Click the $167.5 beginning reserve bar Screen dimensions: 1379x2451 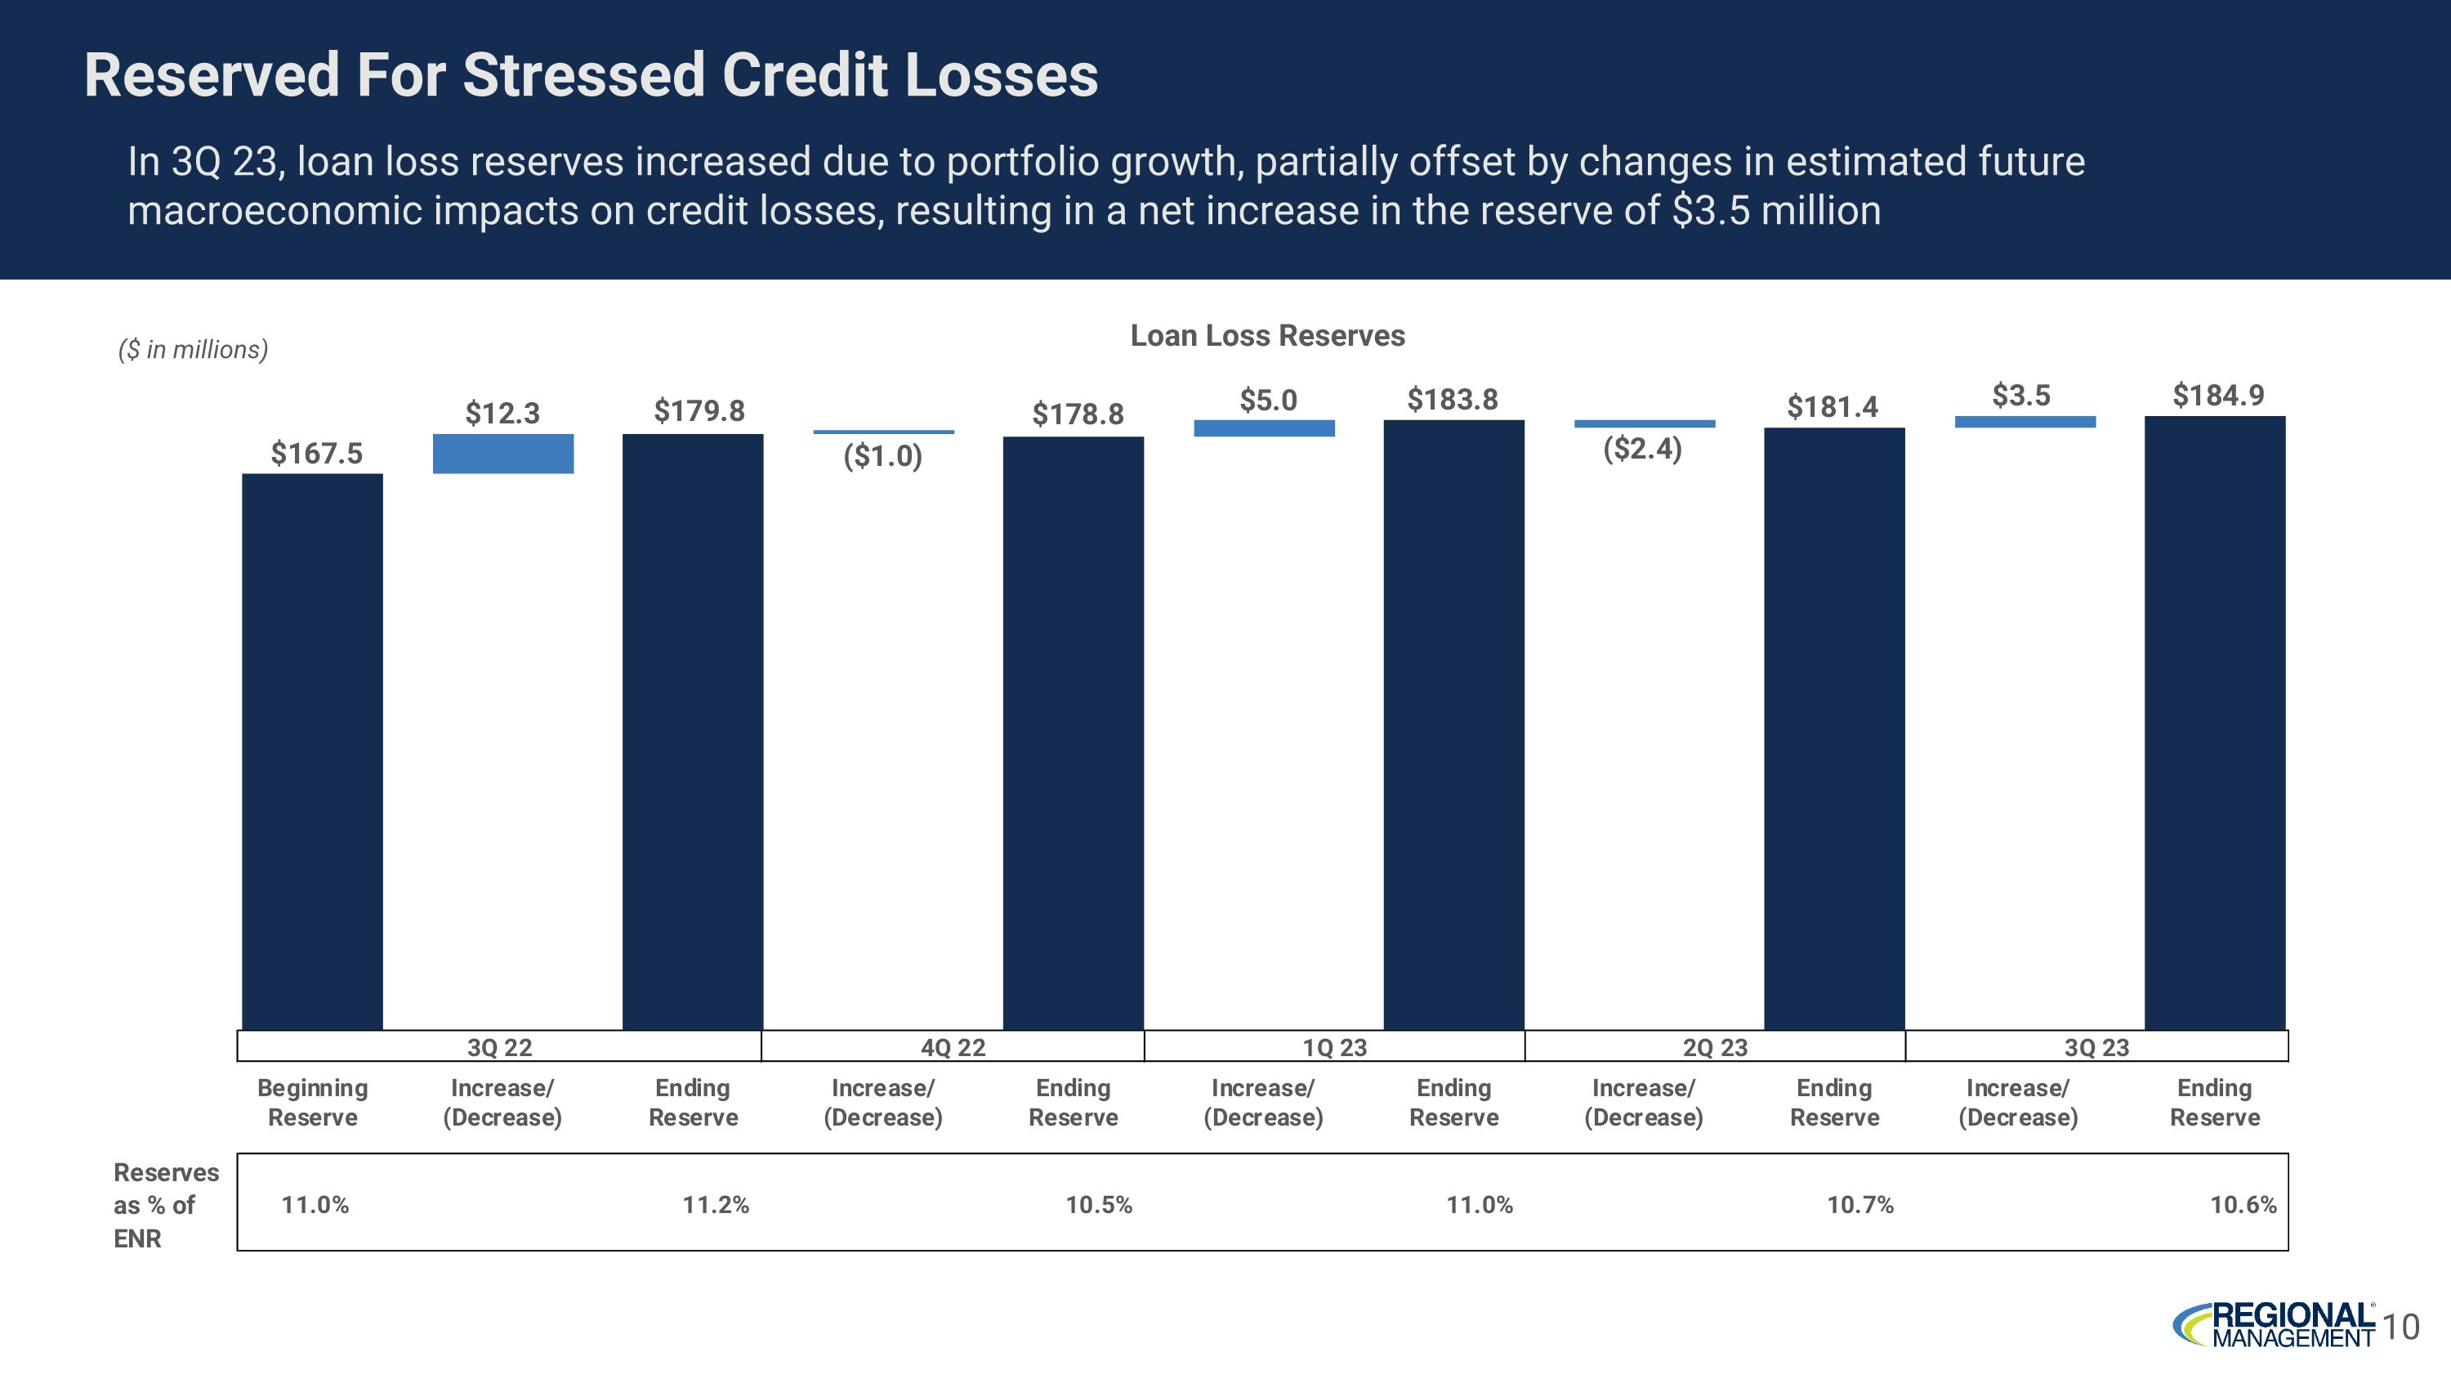pyautogui.click(x=312, y=752)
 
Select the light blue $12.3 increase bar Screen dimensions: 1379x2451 pyautogui.click(x=502, y=454)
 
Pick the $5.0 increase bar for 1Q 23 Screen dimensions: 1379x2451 pyautogui.click(x=1264, y=428)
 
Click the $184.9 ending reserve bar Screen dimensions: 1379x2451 pyautogui.click(x=2214, y=723)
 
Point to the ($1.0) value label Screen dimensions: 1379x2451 pyautogui.click(x=883, y=457)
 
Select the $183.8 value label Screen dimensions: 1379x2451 pyautogui.click(x=1453, y=400)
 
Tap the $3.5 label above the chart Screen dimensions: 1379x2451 pyautogui.click(x=2021, y=395)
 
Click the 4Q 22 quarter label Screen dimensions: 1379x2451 pyautogui.click(x=953, y=1048)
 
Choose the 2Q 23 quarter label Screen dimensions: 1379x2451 pyautogui.click(x=1715, y=1048)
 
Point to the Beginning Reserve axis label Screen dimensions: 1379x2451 pyautogui.click(x=312, y=1102)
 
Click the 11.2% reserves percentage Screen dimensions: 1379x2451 pyautogui.click(x=716, y=1205)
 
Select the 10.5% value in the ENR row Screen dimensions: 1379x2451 pyautogui.click(x=1099, y=1205)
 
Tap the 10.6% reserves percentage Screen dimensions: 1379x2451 pyautogui.click(x=2243, y=1205)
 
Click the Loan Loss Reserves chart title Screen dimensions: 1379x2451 pyautogui.click(x=1267, y=335)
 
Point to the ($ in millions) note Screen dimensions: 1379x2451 pyautogui.click(x=193, y=349)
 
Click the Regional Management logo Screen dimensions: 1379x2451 pyautogui.click(x=2274, y=1325)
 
